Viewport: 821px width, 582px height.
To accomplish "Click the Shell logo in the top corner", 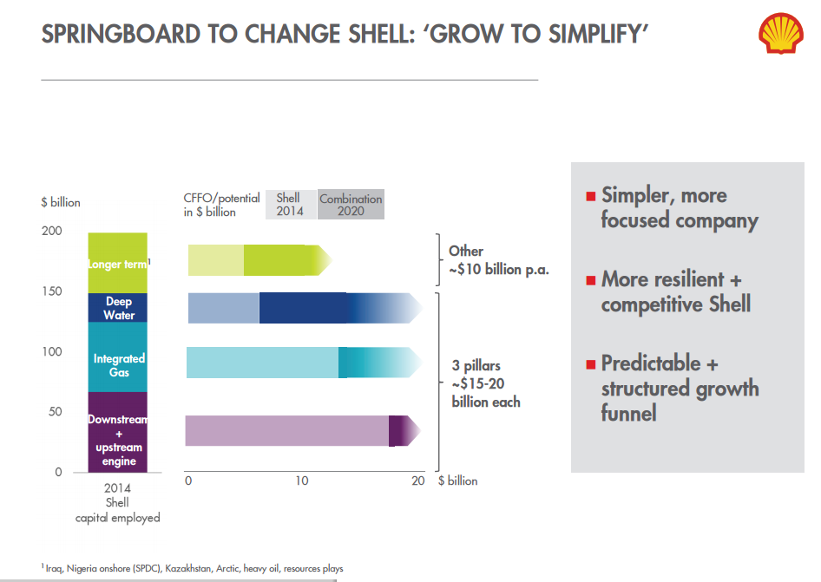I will click(x=781, y=33).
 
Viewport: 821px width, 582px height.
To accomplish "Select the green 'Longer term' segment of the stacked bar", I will click(x=118, y=263).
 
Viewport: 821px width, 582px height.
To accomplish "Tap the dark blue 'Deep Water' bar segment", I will click(x=118, y=308).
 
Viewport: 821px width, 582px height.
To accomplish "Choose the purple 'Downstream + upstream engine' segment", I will click(x=118, y=431).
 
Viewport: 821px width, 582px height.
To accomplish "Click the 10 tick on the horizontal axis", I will click(x=300, y=481).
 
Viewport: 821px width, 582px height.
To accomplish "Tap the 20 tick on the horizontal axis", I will click(x=418, y=481).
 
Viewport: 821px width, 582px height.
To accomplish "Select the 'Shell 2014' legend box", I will click(x=289, y=205).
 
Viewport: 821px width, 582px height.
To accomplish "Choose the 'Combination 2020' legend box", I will click(x=351, y=205).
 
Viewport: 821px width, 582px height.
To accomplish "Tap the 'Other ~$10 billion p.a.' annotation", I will click(x=498, y=260).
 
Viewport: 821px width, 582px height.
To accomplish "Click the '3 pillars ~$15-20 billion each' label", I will click(x=486, y=383).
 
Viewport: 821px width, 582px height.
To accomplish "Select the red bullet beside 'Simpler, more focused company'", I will click(x=590, y=196).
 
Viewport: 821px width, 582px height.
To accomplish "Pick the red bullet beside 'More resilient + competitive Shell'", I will click(x=590, y=280).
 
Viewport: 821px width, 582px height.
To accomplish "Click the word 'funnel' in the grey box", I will click(x=629, y=413).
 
